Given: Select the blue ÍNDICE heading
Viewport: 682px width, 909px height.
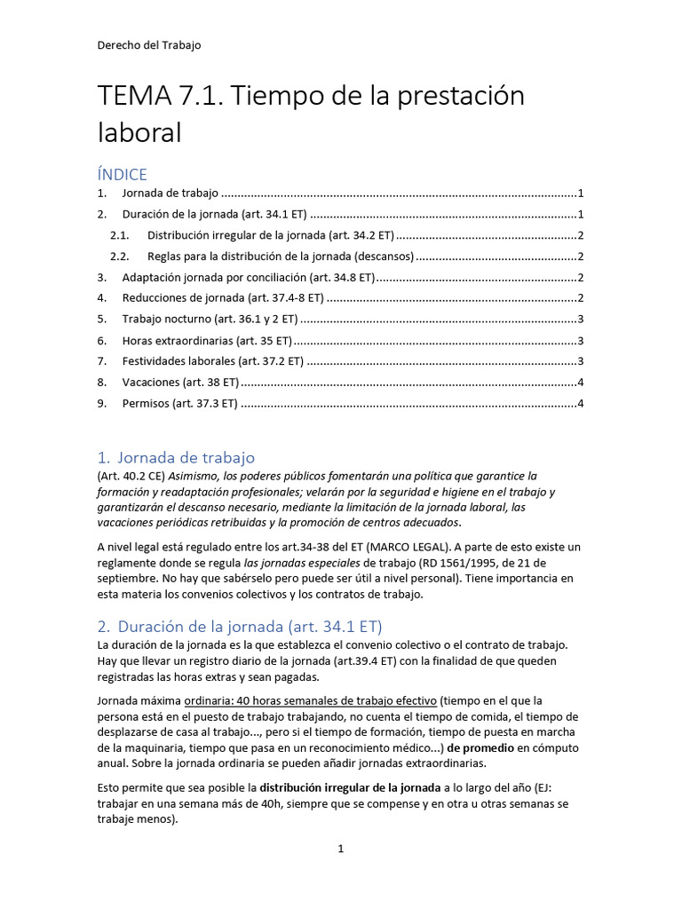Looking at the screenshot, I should (123, 174).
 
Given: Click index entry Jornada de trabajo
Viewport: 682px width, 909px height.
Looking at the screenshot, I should (170, 194).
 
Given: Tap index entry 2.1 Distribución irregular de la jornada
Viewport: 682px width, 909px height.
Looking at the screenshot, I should (270, 235).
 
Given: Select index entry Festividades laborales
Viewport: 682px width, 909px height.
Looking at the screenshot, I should (213, 361).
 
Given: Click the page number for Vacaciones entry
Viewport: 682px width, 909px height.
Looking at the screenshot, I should (580, 383).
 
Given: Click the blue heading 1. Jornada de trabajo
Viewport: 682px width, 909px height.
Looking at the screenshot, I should (177, 458).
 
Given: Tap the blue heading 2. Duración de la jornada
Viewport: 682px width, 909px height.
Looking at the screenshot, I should (240, 626).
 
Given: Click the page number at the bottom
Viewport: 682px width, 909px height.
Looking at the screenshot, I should (340, 850).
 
